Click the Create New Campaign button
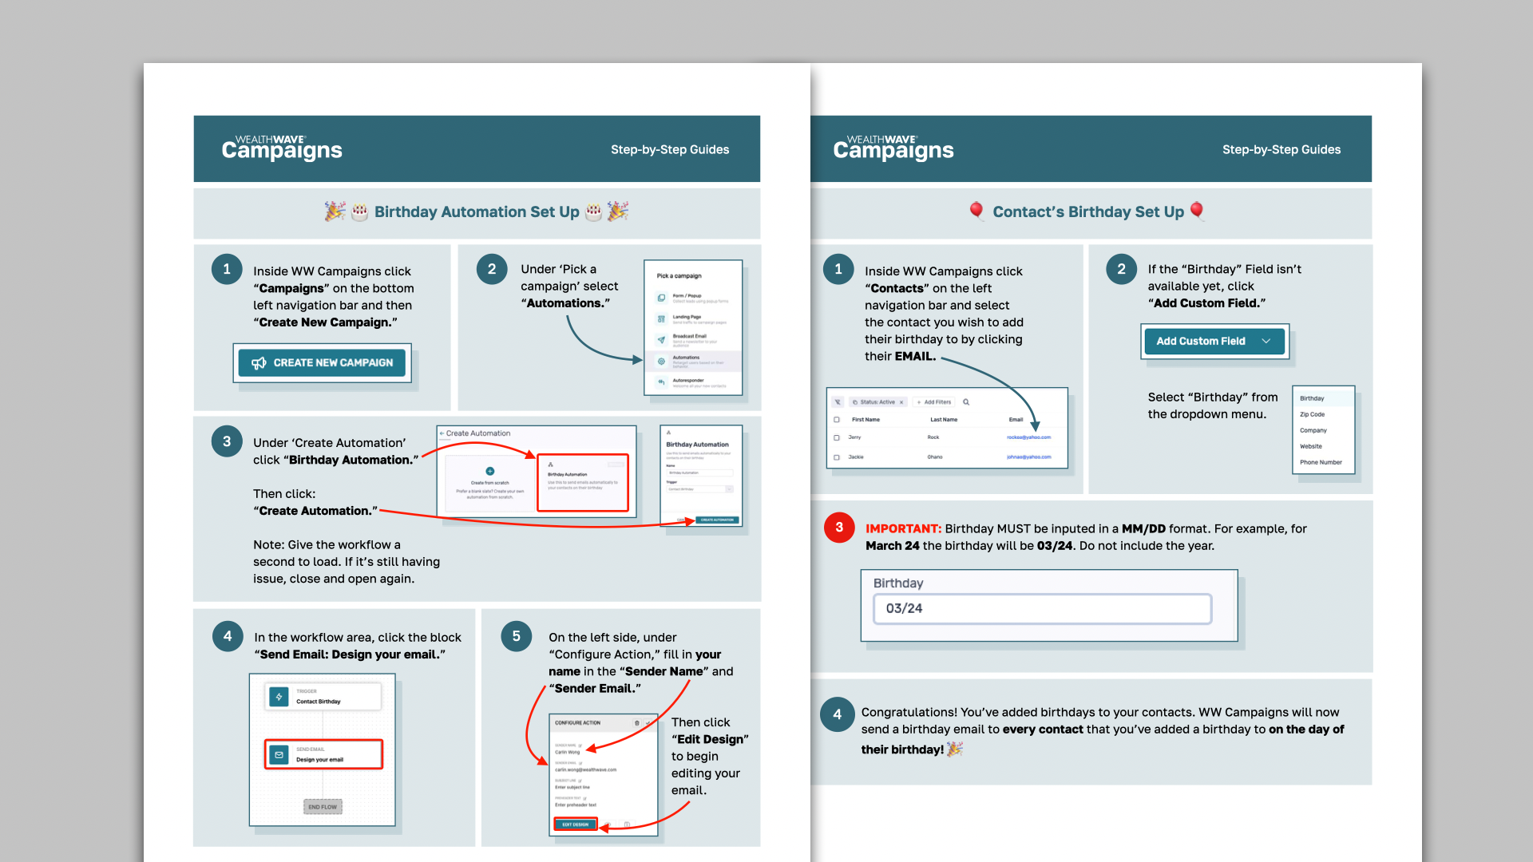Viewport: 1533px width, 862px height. [322, 363]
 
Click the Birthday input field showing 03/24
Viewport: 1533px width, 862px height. [1042, 609]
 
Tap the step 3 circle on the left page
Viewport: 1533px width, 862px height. [227, 441]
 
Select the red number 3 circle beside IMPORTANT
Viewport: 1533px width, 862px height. [838, 528]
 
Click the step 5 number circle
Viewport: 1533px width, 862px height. [516, 636]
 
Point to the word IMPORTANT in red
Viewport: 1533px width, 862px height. [902, 528]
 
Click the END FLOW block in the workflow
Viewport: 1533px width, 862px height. [323, 807]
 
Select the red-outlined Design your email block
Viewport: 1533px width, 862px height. [323, 754]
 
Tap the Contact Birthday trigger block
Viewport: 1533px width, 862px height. [323, 698]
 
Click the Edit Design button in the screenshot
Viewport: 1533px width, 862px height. [575, 824]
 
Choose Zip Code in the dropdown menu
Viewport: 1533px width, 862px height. [1312, 414]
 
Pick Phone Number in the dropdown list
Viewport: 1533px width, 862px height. [1321, 462]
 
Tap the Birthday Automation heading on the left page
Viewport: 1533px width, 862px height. [477, 212]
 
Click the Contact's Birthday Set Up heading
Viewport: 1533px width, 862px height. [1087, 212]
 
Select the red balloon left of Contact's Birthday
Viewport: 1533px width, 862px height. [976, 210]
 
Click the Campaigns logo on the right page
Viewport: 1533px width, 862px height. [893, 148]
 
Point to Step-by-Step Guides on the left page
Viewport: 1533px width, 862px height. [670, 149]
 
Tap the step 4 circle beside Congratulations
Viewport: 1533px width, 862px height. [837, 714]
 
